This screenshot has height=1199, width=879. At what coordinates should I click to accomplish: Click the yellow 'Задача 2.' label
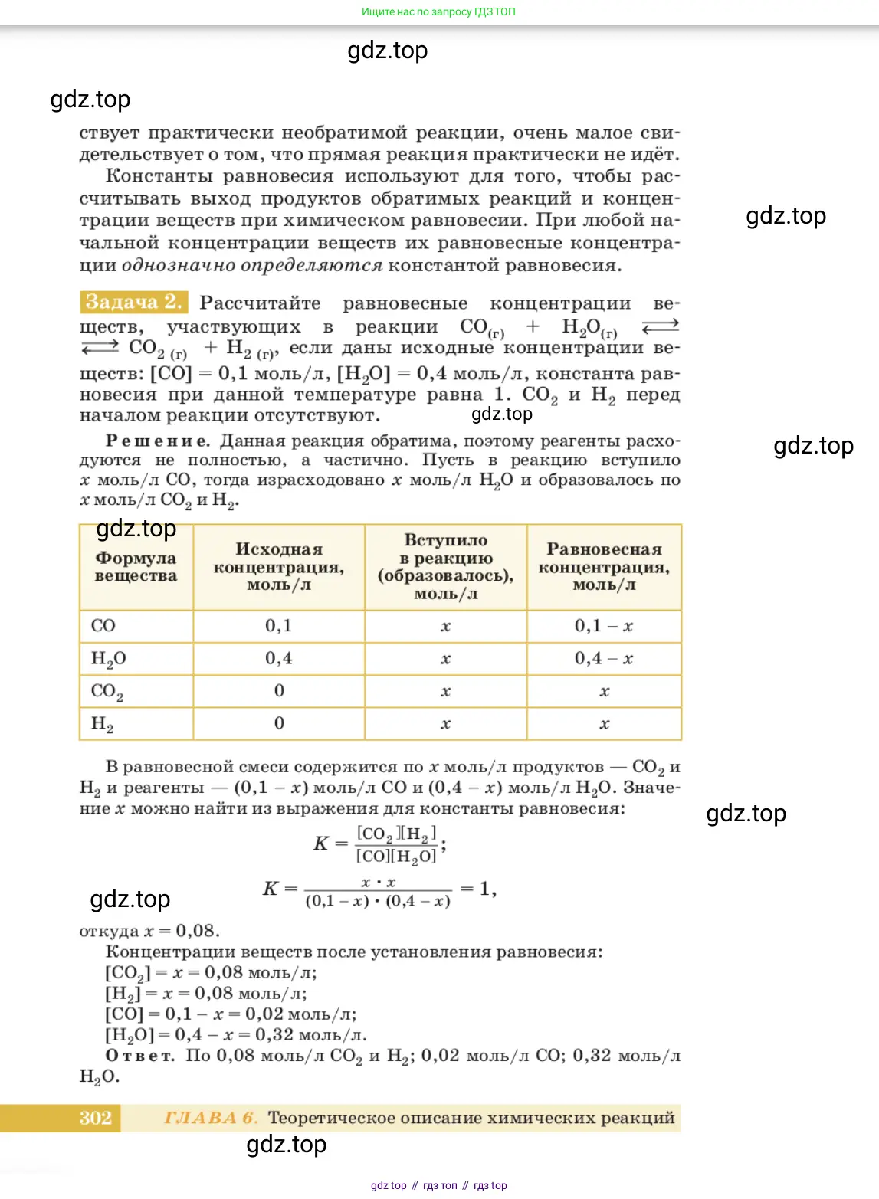tap(133, 302)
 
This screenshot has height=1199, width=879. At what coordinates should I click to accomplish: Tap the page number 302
tap(95, 1118)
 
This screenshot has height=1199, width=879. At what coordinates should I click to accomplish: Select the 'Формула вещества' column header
tap(136, 567)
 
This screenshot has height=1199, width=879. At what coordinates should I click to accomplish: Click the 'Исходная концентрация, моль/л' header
tap(279, 567)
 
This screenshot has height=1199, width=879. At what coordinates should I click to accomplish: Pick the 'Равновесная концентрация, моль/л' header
tap(604, 567)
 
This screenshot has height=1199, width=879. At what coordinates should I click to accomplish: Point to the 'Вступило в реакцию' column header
tap(445, 567)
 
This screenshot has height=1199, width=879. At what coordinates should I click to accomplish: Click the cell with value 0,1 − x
tap(604, 626)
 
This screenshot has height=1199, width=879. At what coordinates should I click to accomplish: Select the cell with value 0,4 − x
tap(604, 658)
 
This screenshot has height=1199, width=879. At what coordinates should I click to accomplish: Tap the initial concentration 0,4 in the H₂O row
tap(279, 658)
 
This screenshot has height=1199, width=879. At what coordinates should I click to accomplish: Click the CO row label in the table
tap(103, 626)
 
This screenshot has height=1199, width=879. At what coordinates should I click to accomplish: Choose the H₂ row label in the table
tap(102, 724)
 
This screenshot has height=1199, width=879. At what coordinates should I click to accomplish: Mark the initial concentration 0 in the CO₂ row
tap(279, 691)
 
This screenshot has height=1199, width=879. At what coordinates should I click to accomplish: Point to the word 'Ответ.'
tap(140, 1056)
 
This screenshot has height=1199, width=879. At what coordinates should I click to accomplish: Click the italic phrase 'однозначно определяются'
tap(252, 266)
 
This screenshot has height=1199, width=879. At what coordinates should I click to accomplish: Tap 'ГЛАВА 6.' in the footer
tap(211, 1118)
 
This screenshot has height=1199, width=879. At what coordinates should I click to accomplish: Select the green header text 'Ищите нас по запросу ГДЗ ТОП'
tap(438, 11)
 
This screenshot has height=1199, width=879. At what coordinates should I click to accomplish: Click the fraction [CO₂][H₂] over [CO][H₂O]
tap(396, 844)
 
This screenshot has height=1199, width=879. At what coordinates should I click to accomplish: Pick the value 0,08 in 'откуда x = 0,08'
tap(197, 931)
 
